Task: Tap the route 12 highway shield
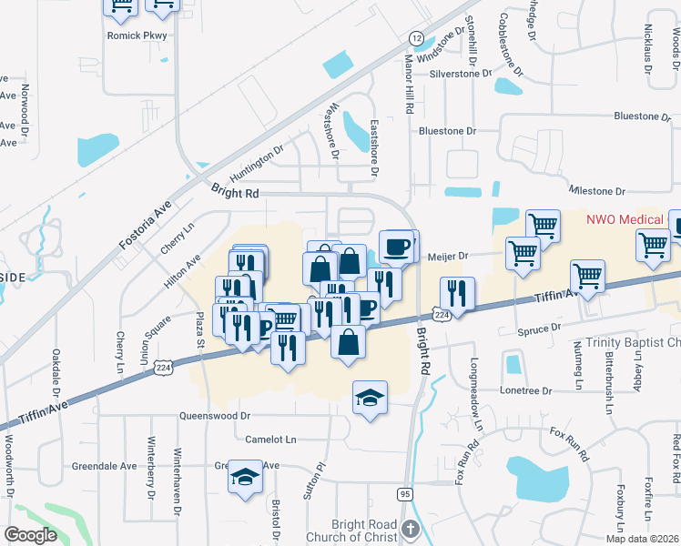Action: point(416,38)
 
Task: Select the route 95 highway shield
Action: point(404,494)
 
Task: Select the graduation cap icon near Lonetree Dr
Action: point(371,397)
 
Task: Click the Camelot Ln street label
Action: point(271,440)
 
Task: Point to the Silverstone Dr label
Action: point(461,74)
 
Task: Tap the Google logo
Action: point(30,535)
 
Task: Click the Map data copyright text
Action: point(642,539)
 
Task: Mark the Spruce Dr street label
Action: point(537,330)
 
